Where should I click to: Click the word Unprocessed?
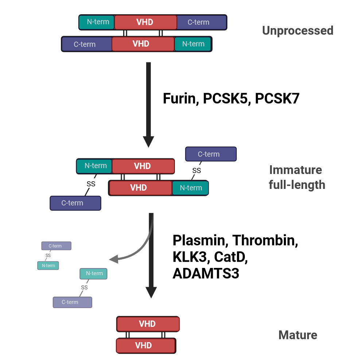[297, 31]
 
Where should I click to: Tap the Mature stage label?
[298, 335]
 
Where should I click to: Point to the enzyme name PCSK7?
[277, 99]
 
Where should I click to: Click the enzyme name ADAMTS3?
[206, 273]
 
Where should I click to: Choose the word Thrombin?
[265, 240]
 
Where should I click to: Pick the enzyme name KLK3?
[191, 257]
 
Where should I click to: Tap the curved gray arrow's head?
[114, 260]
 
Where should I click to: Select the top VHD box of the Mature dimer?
[148, 324]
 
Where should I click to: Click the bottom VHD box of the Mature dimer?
[146, 345]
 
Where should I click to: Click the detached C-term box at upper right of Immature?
[211, 154]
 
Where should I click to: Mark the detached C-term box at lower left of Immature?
[75, 203]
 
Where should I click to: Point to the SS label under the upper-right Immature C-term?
[196, 170]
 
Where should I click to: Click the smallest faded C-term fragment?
[56, 246]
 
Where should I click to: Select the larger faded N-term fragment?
[94, 273]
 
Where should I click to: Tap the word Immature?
[295, 170]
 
